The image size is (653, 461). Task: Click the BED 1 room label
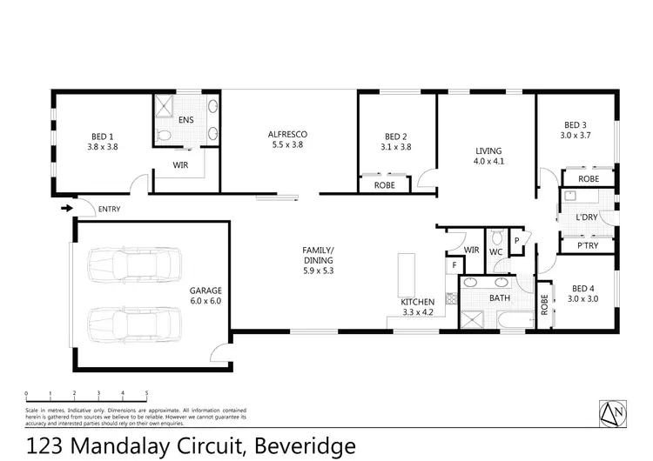103,142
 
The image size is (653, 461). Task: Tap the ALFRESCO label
287,140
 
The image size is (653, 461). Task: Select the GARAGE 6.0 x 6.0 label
206,295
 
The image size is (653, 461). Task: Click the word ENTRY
110,209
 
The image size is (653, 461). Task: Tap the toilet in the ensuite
164,136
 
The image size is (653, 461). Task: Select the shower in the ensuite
165,107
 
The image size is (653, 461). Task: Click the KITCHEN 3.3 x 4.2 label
417,306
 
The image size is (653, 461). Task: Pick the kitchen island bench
405,275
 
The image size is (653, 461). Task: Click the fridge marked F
452,265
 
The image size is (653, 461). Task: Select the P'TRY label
587,246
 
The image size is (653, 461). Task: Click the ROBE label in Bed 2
385,185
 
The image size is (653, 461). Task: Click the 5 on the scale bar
146,393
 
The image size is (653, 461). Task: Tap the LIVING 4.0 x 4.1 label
488,155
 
